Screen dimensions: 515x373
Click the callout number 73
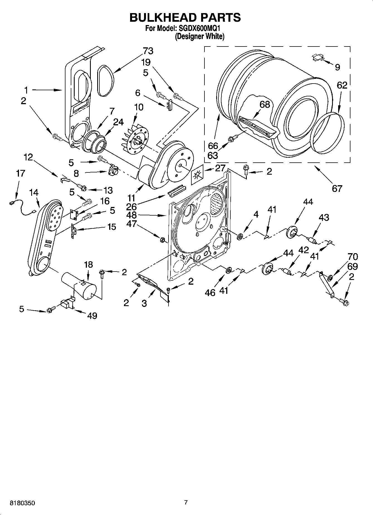148,51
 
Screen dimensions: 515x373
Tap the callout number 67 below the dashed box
337,189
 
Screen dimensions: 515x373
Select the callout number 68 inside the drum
265,104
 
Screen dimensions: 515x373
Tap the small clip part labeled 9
318,57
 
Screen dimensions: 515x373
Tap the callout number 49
92,316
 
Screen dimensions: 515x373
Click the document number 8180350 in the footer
22,503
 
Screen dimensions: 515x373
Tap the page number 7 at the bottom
186,502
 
